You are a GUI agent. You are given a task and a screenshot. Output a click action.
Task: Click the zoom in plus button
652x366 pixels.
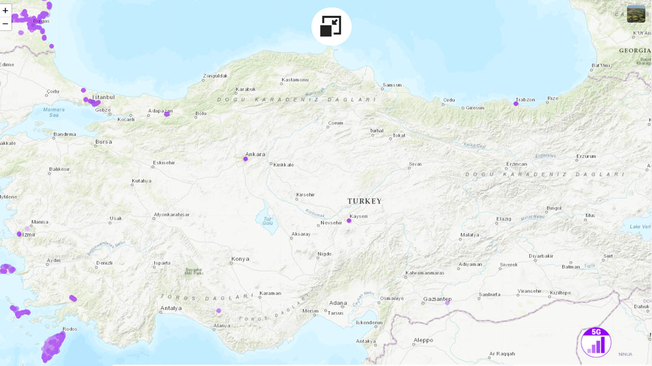[6, 11]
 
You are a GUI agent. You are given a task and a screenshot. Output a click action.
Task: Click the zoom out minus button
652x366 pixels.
[6, 23]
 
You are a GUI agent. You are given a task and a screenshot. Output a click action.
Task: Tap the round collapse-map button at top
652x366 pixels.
[331, 26]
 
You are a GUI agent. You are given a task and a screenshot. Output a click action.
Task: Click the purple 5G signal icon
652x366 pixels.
[596, 342]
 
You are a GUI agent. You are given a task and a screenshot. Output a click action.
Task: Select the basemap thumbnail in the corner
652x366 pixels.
[636, 14]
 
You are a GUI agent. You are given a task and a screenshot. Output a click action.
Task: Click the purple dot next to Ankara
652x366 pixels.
[246, 159]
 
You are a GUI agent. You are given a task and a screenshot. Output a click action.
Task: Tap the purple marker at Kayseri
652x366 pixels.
[349, 221]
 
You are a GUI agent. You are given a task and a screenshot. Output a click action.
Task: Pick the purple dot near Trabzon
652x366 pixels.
[516, 104]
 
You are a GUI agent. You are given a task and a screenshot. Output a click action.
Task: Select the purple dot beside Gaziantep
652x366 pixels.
[447, 303]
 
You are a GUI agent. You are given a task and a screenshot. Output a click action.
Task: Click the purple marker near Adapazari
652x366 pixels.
[167, 114]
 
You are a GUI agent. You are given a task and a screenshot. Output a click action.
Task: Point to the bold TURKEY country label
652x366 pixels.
[364, 201]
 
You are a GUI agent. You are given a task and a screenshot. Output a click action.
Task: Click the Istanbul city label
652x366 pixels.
[103, 97]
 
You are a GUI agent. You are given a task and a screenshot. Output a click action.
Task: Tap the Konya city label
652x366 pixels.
[240, 259]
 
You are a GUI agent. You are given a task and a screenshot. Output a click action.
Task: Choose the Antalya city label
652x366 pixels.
[171, 308]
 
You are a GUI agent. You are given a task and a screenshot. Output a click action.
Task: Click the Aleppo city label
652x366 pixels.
[423, 340]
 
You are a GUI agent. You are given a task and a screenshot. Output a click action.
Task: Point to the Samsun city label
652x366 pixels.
[392, 85]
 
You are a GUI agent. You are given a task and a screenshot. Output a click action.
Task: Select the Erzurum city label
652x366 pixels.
[586, 156]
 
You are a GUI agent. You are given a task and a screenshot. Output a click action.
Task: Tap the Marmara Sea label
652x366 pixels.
[54, 112]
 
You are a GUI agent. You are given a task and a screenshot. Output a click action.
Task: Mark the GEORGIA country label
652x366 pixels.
[634, 51]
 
